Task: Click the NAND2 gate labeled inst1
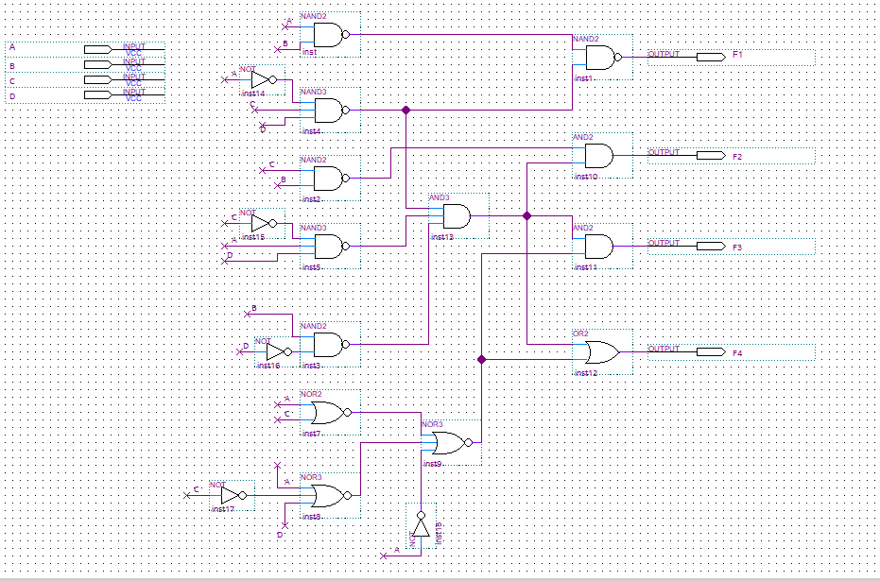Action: pos(603,58)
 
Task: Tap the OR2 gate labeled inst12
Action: pos(600,353)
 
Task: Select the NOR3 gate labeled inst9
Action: pos(449,443)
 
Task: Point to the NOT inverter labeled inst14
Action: pos(261,79)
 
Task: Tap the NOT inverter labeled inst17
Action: pos(231,495)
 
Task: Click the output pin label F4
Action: pos(737,352)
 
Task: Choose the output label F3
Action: pos(737,247)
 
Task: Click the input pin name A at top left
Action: pos(12,47)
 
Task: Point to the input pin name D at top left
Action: pos(12,95)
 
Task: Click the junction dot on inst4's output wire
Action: pos(406,111)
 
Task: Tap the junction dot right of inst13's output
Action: pos(527,216)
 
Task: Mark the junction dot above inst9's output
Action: pos(482,359)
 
